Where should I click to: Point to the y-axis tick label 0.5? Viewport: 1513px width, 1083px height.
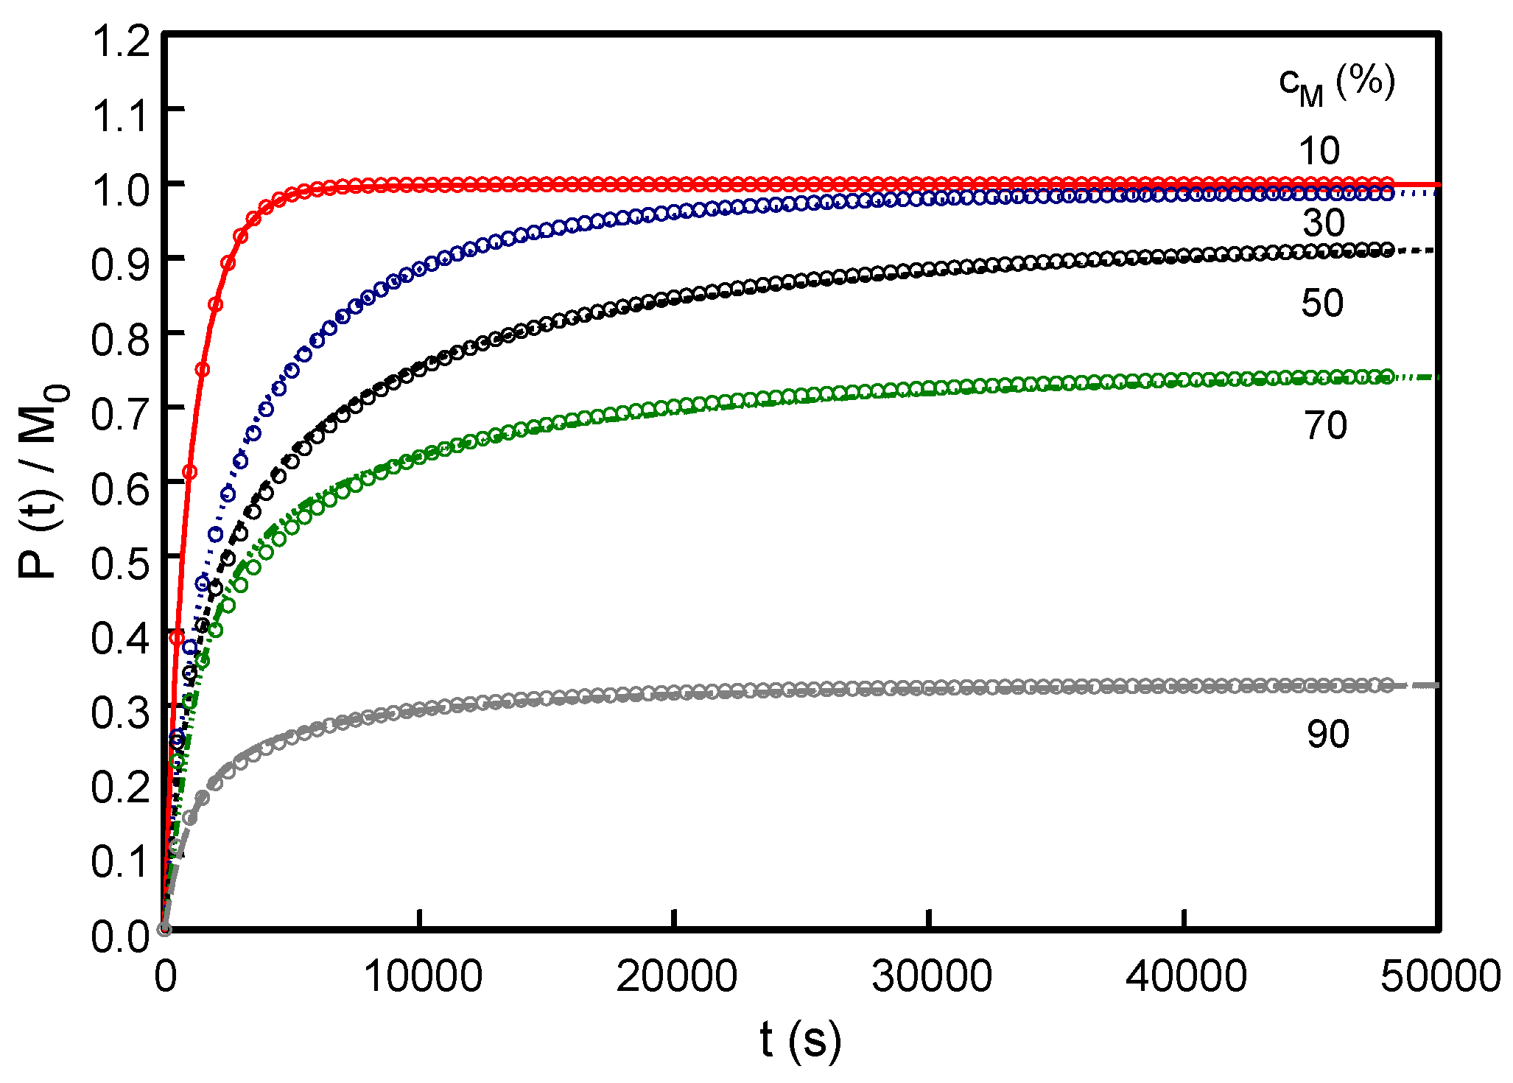coord(121,563)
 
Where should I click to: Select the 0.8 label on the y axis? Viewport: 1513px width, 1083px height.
coord(121,339)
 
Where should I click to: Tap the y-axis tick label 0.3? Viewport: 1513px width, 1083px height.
coord(121,712)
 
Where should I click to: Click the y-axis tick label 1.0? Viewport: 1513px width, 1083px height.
coord(121,190)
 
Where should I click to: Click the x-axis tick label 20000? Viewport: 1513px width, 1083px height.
coord(676,978)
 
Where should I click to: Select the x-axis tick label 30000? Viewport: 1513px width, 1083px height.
coord(932,978)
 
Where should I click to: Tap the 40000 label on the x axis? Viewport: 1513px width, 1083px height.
coord(1186,978)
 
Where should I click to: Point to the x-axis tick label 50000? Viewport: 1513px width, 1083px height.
coord(1440,978)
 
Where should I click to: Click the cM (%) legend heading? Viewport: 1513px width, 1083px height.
coord(1336,85)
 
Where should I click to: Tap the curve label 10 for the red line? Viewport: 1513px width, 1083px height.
coord(1319,151)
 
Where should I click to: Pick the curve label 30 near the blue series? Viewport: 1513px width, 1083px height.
coord(1324,222)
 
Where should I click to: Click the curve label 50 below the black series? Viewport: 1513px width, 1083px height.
coord(1322,303)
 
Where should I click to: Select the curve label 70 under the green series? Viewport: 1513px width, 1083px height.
coord(1325,425)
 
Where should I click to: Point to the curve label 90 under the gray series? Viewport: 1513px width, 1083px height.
coord(1328,734)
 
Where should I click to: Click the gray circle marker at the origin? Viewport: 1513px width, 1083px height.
coord(164,929)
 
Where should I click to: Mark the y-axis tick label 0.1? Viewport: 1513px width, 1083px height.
coord(121,861)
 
